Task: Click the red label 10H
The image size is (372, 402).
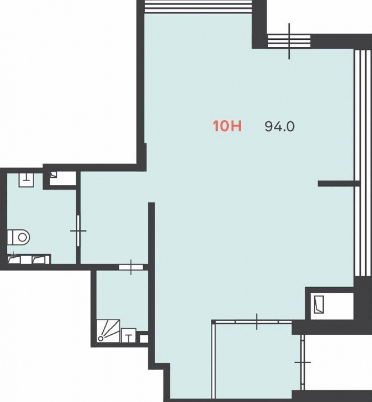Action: pos(227,126)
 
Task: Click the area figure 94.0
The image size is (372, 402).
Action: pos(279,126)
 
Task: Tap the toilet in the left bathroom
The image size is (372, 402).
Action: pos(19,237)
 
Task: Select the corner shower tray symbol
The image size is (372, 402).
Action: pos(109,331)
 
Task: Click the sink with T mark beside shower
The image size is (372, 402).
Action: pos(128,335)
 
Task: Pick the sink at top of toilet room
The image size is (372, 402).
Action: pos(26,180)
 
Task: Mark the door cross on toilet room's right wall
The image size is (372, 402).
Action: pos(78,231)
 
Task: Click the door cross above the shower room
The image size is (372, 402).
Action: pos(131,267)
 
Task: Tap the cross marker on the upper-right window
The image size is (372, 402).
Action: pos(289,41)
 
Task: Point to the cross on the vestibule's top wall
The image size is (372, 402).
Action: pos(257,321)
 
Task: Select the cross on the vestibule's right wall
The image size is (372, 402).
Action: pos(302,362)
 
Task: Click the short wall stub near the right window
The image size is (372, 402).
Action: pos(336,183)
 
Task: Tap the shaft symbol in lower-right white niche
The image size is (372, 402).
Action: pos(319,304)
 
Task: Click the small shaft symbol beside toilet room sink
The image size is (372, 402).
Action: pos(53,174)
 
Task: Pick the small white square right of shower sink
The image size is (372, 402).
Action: pos(144,339)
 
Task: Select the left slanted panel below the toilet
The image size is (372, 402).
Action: pos(14,260)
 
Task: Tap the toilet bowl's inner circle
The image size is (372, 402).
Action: pos(22,237)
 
